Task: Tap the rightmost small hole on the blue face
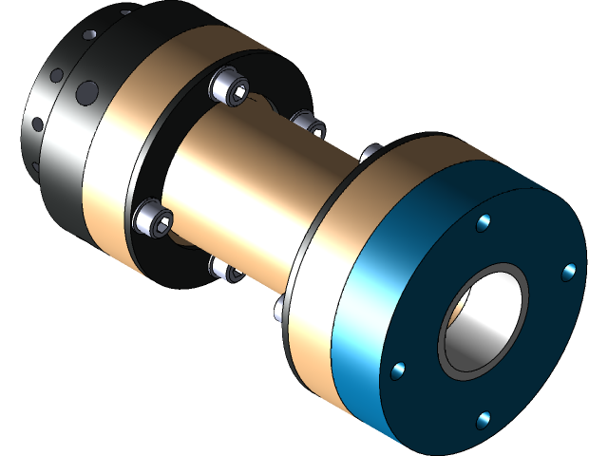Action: click(x=568, y=273)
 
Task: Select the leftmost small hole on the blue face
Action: click(x=398, y=370)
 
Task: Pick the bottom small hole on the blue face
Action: click(x=484, y=418)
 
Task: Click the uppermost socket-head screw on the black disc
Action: click(x=231, y=90)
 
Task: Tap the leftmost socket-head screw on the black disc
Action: click(x=155, y=218)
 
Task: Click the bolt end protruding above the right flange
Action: click(x=371, y=152)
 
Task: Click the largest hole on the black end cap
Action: click(x=87, y=92)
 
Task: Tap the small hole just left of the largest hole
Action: click(x=58, y=74)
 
